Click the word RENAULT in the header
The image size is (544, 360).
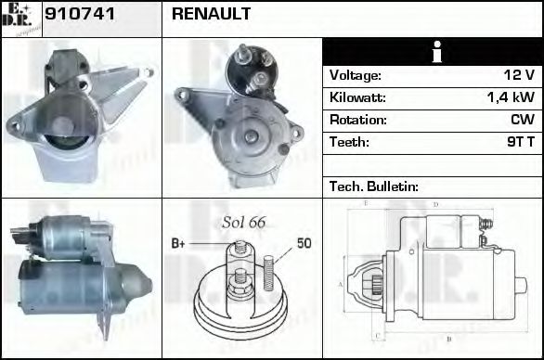pos(211,16)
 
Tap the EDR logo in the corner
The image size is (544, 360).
pos(20,19)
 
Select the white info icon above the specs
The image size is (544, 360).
pos(432,52)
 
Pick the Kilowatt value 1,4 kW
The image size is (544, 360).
pos(511,97)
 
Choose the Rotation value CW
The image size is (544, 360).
pos(522,120)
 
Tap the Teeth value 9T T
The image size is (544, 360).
pos(517,142)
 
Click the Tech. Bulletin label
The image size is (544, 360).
pos(373,186)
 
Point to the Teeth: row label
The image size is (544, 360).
pos(349,142)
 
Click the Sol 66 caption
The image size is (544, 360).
pos(243,222)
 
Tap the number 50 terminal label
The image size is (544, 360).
pos(304,243)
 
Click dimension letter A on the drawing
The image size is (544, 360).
pos(341,283)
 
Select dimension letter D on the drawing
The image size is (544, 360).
pos(434,204)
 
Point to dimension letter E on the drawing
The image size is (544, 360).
pos(366,202)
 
